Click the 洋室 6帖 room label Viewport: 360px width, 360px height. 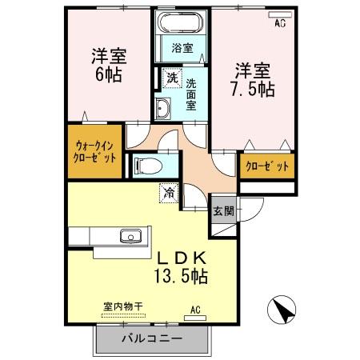tap(106, 66)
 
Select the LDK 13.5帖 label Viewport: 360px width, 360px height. tap(182, 268)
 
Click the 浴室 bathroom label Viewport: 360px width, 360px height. tap(182, 48)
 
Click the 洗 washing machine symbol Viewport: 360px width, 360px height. tap(171, 79)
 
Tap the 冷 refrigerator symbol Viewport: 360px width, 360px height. tap(170, 192)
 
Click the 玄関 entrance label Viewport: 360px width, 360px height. tap(223, 212)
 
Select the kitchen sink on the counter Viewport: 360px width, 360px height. tap(130, 236)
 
